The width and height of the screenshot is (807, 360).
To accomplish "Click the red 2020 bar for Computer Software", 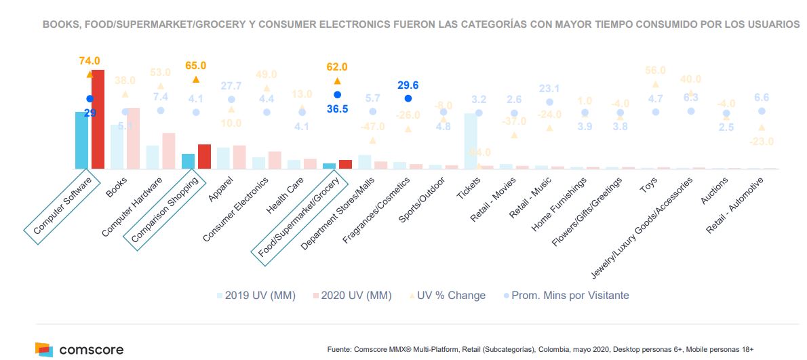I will [x=98, y=119].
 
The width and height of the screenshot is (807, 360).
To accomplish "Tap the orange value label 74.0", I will [x=89, y=61].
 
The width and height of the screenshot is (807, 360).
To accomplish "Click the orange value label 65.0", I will [x=195, y=66].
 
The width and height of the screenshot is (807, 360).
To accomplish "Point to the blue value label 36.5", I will [x=336, y=108].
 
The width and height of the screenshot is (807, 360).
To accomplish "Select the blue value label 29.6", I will [x=408, y=85].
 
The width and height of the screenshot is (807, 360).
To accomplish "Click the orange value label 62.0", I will [x=336, y=66].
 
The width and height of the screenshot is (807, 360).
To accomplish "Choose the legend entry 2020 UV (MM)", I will [x=351, y=296].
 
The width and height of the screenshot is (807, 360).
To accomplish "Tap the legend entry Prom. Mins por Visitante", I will [x=566, y=296].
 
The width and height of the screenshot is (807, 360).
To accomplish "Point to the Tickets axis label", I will [x=469, y=189].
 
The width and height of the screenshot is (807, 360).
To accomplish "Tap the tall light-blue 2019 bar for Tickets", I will [x=471, y=141].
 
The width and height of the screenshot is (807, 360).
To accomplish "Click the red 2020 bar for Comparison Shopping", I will [x=204, y=157].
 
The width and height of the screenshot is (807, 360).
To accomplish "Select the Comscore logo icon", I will [x=44, y=350].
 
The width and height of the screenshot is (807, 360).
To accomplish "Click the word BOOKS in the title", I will [x=58, y=24].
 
